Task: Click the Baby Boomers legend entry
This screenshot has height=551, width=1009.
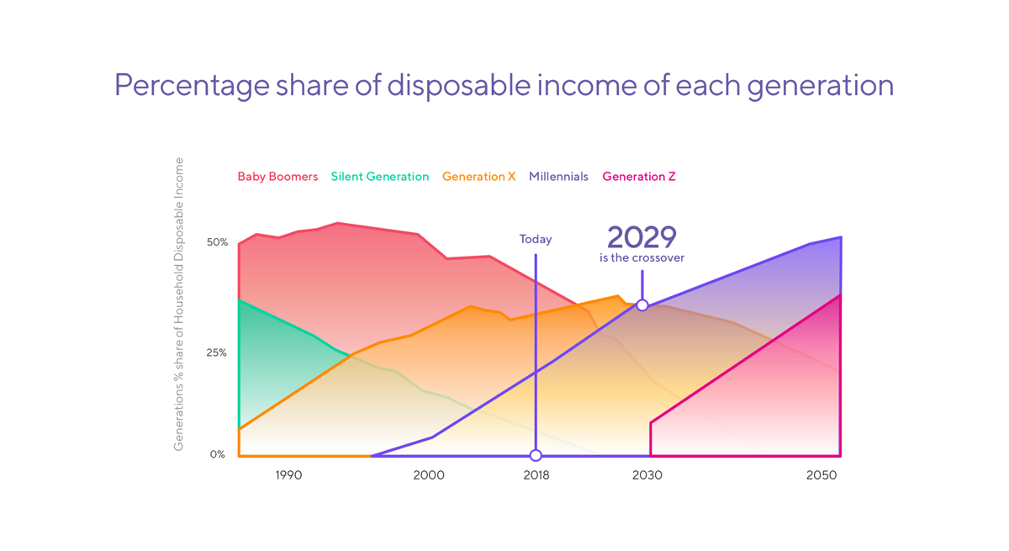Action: pos(277,177)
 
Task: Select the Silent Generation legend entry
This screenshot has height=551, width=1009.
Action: pos(380,177)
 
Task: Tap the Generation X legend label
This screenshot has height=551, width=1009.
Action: pos(478,177)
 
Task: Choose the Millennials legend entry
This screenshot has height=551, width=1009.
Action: pos(558,177)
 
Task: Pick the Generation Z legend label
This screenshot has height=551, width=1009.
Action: pos(639,177)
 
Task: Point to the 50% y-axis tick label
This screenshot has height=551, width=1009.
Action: pos(217,242)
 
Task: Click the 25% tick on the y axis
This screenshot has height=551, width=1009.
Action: pos(216,352)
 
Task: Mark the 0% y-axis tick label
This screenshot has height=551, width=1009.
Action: pos(217,454)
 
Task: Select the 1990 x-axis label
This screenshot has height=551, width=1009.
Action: pos(288,475)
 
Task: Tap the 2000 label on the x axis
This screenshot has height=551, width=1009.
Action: pos(429,475)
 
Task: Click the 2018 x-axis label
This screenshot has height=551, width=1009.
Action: pos(536,475)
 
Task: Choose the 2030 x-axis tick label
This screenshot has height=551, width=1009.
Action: pos(647,475)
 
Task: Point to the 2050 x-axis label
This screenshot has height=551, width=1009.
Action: pos(821,475)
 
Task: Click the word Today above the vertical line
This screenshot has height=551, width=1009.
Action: pos(536,239)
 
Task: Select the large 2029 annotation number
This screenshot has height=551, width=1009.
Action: pos(642,237)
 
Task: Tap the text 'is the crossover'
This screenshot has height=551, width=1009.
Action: pos(642,257)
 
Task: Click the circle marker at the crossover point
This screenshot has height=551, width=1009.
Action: pos(642,305)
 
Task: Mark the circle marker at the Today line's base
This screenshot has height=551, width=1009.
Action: pos(536,455)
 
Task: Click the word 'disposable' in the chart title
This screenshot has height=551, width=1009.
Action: pos(459,85)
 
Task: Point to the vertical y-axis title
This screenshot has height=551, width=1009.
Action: pos(179,305)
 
